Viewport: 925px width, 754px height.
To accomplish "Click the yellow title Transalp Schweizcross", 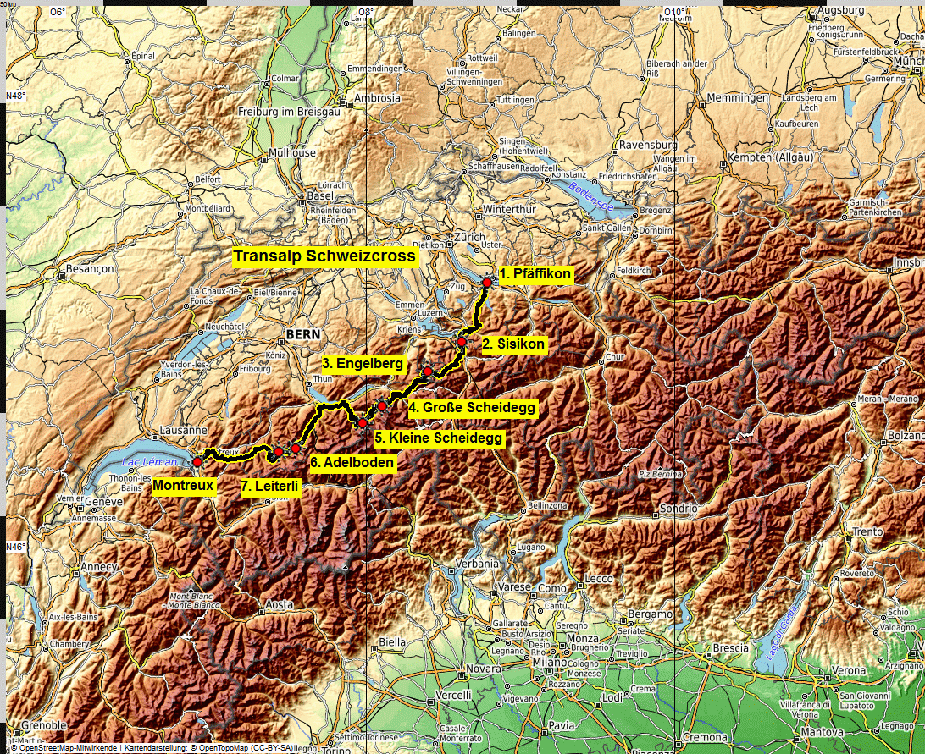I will pos(324,256).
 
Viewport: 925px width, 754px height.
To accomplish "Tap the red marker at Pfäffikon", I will pos(487,283).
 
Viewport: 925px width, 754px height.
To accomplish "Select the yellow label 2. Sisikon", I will pos(513,344).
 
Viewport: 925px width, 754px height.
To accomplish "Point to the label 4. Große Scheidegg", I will pos(472,408).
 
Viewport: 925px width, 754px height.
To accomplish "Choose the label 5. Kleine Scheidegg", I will pos(439,438).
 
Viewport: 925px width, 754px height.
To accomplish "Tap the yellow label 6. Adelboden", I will pos(352,463).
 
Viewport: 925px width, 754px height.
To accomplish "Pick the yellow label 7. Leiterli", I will pos(269,486).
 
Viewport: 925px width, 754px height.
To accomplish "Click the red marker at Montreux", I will pos(197,462).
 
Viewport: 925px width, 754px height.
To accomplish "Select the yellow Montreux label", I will pos(182,486).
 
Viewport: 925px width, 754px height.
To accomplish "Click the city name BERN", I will pos(303,335).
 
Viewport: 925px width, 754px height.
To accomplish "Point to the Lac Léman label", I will pos(149,462).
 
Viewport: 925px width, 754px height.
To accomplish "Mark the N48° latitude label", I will pos(16,96).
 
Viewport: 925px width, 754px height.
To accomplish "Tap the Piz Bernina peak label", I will pos(661,474).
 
